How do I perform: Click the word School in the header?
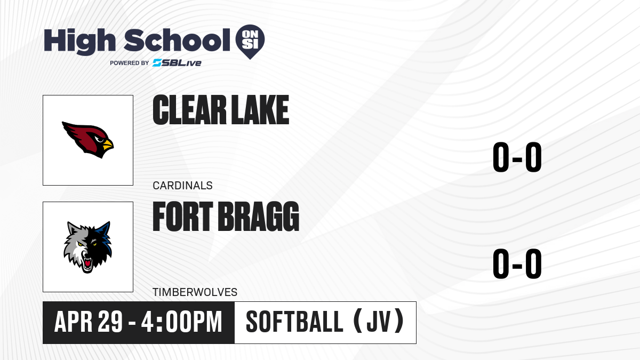tap(177, 41)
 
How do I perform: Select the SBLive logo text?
tap(177, 63)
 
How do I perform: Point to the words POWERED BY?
tap(130, 63)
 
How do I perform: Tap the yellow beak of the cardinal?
tap(108, 145)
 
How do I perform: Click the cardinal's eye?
tap(99, 139)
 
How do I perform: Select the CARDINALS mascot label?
tap(182, 186)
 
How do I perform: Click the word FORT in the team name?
tap(183, 217)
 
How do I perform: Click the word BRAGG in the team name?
tap(258, 217)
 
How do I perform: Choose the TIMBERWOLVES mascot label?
tap(195, 292)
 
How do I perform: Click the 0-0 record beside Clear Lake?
tap(517, 157)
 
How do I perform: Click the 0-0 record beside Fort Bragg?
tap(517, 263)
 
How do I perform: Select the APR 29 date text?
tap(89, 322)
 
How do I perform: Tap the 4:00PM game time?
tap(181, 322)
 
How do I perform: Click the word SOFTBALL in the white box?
tap(294, 322)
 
